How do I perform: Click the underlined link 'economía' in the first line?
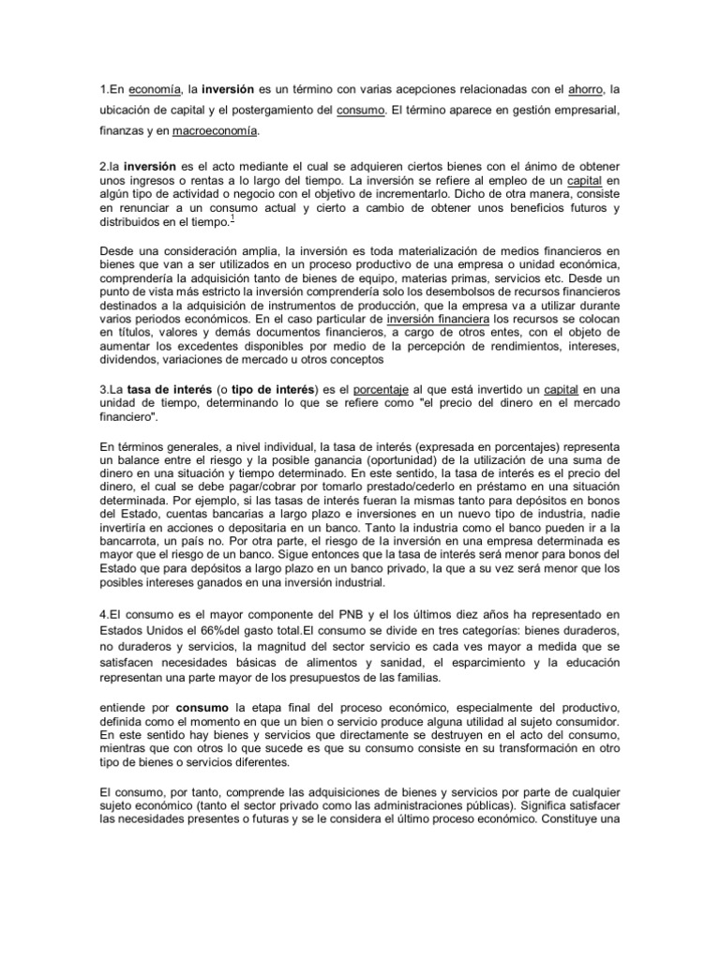[155, 90]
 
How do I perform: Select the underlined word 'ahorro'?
[585, 90]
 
